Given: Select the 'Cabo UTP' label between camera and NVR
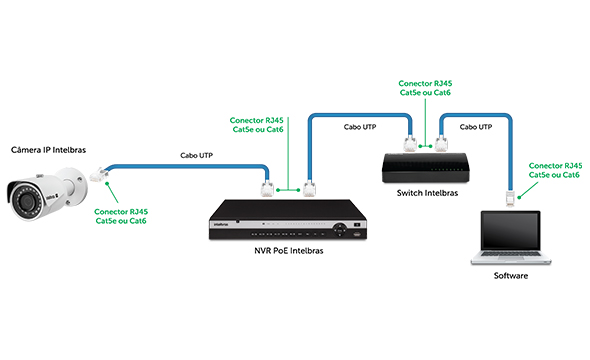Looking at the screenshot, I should point(195,155).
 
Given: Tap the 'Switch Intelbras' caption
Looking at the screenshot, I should point(427,192).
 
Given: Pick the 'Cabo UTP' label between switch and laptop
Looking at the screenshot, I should point(475,128).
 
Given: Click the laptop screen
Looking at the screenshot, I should point(510,231).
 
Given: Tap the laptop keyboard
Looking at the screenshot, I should point(510,257).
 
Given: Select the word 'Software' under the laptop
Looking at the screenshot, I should point(510,275).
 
